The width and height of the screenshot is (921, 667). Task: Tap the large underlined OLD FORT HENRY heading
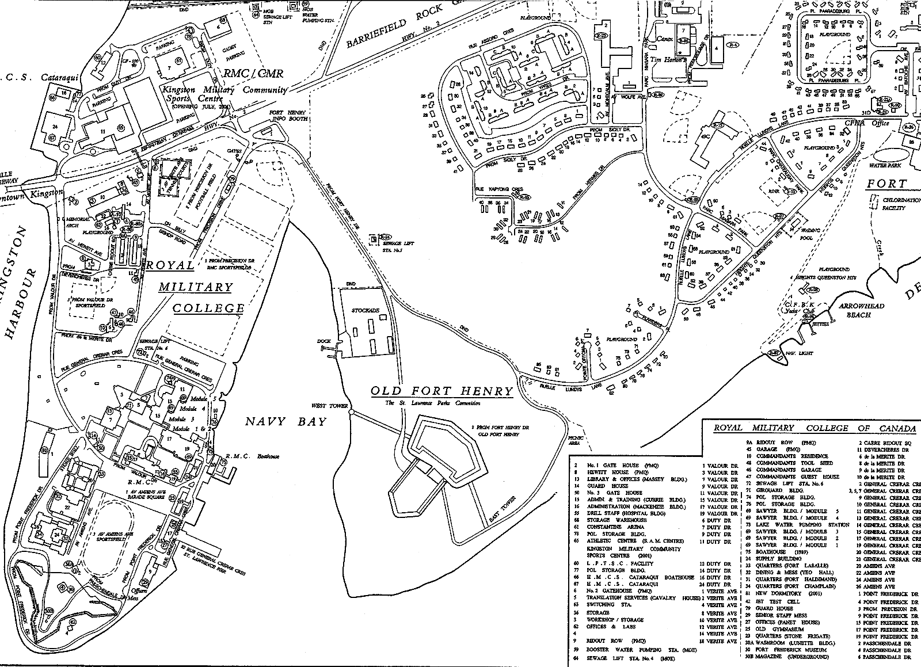[442, 391]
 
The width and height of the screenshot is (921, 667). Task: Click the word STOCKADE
[366, 310]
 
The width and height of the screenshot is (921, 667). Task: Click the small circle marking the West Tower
[351, 412]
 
